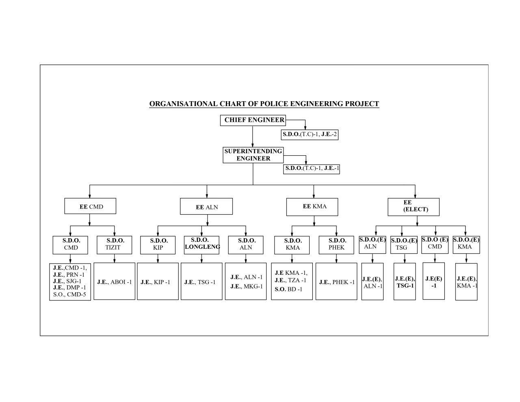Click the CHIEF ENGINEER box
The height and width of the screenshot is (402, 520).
tap(253, 120)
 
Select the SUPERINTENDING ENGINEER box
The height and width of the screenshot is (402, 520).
tap(253, 155)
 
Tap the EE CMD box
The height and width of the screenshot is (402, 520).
tap(90, 206)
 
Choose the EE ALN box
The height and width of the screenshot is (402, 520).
tap(206, 206)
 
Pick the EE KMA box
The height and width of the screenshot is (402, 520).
tap(314, 206)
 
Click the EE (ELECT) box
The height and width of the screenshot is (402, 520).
tap(413, 206)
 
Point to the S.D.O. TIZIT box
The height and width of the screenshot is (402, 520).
tap(115, 244)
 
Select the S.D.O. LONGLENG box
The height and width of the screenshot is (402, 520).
tap(201, 244)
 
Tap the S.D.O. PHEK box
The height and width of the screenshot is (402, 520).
tap(337, 244)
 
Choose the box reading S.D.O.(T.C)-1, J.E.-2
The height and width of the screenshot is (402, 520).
tap(310, 134)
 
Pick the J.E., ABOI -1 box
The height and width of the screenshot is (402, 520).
tap(114, 281)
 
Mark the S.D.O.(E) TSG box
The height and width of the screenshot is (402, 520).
tap(404, 244)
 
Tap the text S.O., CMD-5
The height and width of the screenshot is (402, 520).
tap(69, 295)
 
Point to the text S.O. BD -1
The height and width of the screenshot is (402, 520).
tap(288, 289)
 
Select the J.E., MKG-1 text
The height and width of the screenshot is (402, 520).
tap(246, 286)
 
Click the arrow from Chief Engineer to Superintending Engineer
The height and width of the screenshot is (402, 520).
tap(253, 136)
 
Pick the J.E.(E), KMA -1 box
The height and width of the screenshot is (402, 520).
tap(466, 281)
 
